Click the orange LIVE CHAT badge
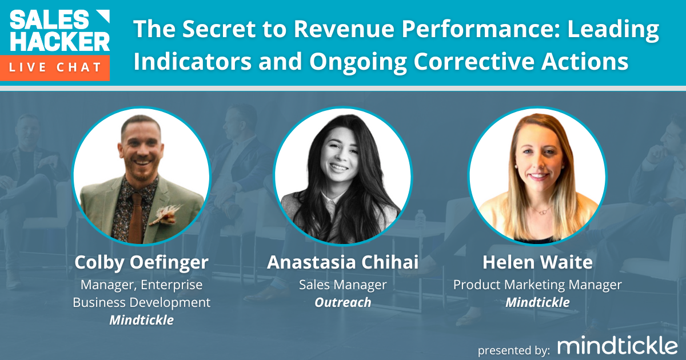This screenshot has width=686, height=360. pyautogui.click(x=55, y=67)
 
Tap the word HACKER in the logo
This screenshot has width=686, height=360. pyautogui.click(x=59, y=42)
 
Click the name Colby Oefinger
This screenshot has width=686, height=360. pyautogui.click(x=142, y=263)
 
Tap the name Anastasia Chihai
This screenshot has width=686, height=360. pyautogui.click(x=343, y=263)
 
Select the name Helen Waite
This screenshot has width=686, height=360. pyautogui.click(x=537, y=263)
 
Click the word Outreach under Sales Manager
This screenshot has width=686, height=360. pyautogui.click(x=343, y=302)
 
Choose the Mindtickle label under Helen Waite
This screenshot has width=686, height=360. pyautogui.click(x=537, y=302)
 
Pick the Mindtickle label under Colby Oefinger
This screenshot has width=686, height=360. pyautogui.click(x=142, y=320)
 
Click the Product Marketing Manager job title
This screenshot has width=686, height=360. pyautogui.click(x=537, y=284)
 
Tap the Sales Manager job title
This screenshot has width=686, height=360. pyautogui.click(x=343, y=284)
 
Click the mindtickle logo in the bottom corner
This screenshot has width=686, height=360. pyautogui.click(x=617, y=345)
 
